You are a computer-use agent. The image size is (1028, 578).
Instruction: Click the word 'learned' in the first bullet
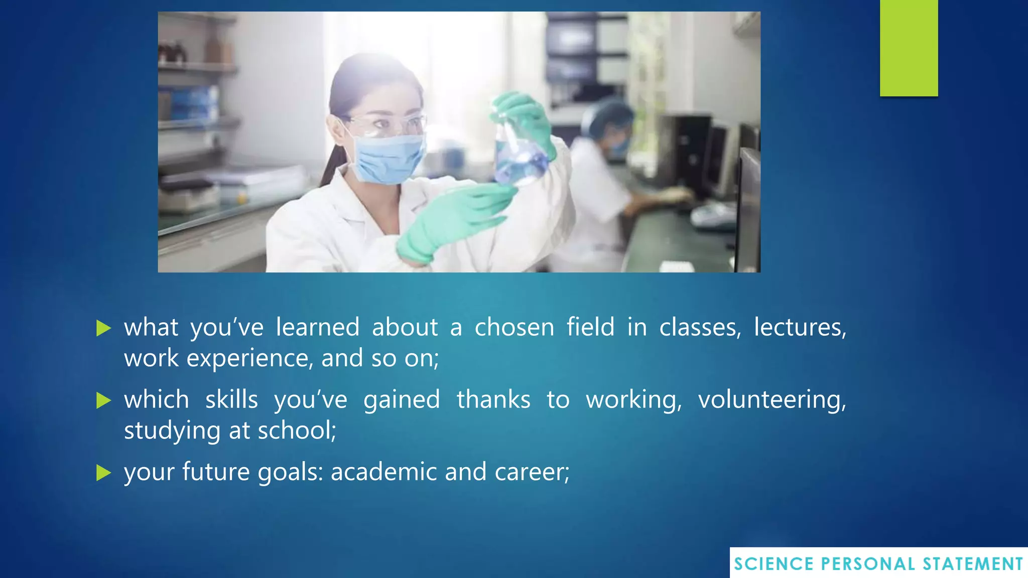317,327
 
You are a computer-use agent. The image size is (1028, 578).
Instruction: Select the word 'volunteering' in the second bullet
772,400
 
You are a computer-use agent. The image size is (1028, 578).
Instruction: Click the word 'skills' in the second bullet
231,400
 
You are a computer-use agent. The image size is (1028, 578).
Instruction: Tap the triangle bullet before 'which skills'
103,400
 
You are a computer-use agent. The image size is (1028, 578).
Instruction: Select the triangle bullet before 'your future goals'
103,473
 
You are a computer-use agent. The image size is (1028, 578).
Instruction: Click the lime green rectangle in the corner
909,48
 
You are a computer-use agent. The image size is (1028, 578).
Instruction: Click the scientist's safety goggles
387,124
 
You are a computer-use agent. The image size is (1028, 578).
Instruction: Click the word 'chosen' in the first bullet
514,327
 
